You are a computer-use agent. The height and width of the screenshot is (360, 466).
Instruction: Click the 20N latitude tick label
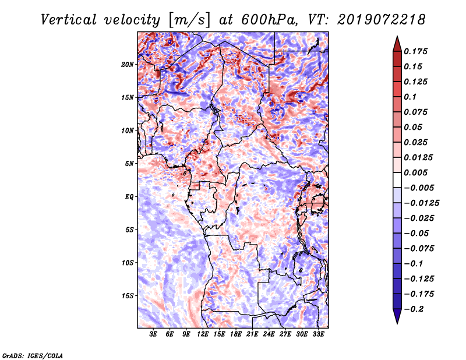(128, 65)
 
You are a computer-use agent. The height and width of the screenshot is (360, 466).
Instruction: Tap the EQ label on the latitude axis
(129, 197)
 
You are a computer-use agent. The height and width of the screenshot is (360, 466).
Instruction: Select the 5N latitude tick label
(129, 164)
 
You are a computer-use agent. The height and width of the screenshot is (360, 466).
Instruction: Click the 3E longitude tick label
(153, 334)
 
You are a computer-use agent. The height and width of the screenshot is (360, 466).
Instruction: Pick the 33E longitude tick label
(318, 334)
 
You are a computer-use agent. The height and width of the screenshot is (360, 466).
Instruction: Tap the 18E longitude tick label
(236, 334)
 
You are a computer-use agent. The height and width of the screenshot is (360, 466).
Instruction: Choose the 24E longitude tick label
(269, 334)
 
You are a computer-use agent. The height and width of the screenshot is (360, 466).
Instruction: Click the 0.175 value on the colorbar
(415, 51)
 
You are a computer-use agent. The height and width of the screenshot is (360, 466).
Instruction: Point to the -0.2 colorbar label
(414, 309)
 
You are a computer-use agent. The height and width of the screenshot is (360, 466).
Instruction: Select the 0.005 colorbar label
(415, 172)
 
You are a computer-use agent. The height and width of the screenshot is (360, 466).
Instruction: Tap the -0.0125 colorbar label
(421, 203)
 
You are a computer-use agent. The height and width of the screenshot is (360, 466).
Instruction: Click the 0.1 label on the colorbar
(410, 97)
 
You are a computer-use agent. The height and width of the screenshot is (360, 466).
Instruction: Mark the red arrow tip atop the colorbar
(397, 36)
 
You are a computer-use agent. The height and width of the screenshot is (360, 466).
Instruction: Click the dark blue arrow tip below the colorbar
(397, 323)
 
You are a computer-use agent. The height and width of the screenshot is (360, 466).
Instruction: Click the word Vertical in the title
(69, 20)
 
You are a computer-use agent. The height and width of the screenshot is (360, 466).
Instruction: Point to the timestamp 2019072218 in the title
(381, 20)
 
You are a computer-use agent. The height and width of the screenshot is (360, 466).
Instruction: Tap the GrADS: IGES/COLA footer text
(33, 355)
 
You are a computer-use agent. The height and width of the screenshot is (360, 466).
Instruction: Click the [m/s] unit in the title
(189, 20)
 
